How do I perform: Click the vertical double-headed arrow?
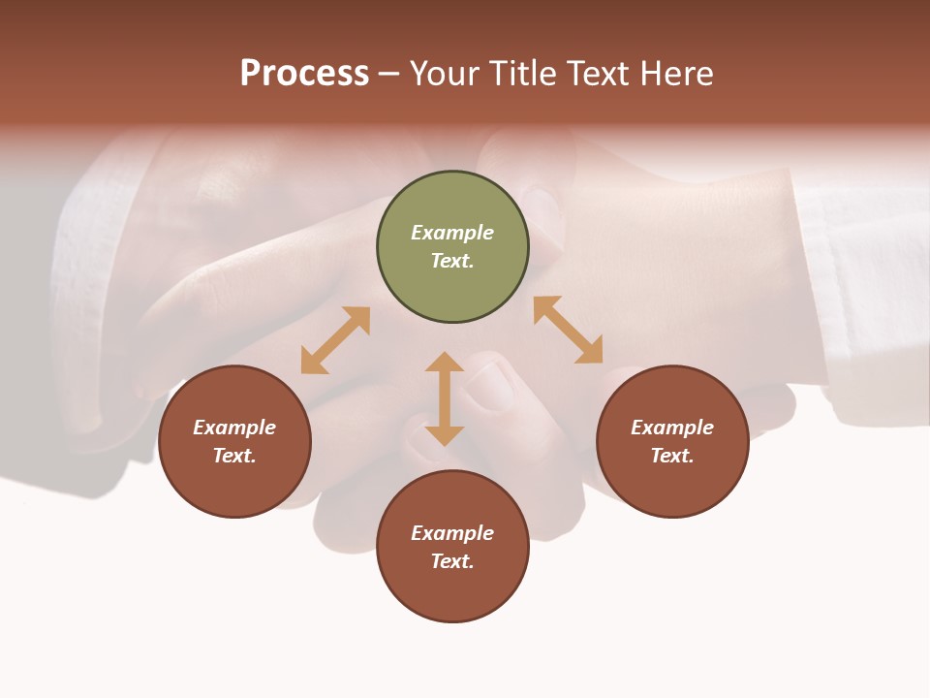tap(445, 398)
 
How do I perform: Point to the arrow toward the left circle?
tap(335, 340)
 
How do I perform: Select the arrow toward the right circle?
tap(568, 330)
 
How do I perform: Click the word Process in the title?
tap(304, 73)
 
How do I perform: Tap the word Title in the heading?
tap(526, 73)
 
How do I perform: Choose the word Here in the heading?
tap(677, 73)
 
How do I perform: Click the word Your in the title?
tap(446, 73)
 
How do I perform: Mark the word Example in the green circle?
tap(452, 233)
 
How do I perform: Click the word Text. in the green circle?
tap(452, 261)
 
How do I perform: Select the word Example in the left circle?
tap(234, 428)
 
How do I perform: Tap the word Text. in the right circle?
tap(672, 456)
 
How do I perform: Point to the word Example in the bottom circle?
tap(452, 533)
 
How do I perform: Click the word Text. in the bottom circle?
tap(452, 561)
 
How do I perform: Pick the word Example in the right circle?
tap(672, 428)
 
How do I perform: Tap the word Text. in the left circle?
tap(234, 456)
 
